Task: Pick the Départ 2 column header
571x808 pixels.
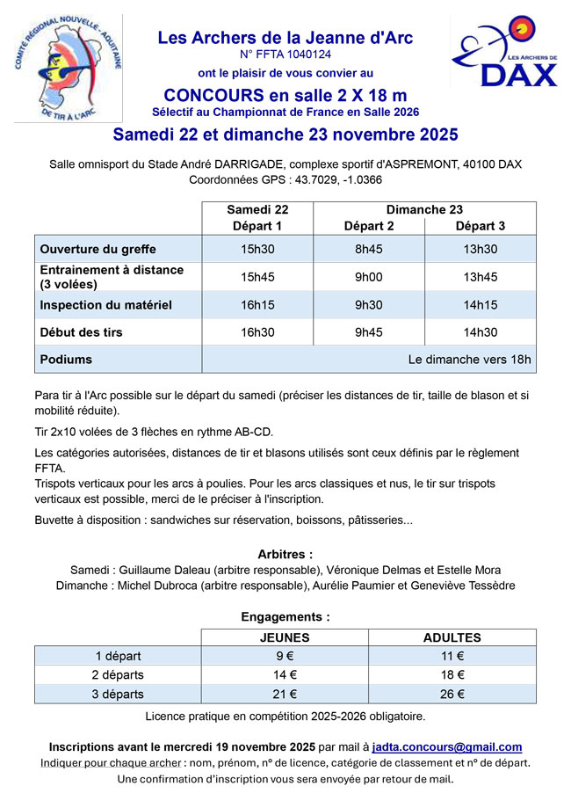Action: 369,226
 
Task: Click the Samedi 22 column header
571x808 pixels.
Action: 257,210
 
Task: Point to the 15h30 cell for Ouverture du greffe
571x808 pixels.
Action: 257,249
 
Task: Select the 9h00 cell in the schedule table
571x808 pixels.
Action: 369,277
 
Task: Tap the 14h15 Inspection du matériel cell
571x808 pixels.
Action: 480,305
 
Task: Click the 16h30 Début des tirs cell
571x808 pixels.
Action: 257,332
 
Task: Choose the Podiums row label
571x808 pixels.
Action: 66,360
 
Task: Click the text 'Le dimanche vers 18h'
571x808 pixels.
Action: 469,360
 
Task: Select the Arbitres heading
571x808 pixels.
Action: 285,555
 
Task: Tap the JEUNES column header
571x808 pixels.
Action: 285,637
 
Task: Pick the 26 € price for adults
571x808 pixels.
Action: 452,694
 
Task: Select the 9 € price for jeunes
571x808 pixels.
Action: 285,656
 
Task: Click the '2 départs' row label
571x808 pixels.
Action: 118,675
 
